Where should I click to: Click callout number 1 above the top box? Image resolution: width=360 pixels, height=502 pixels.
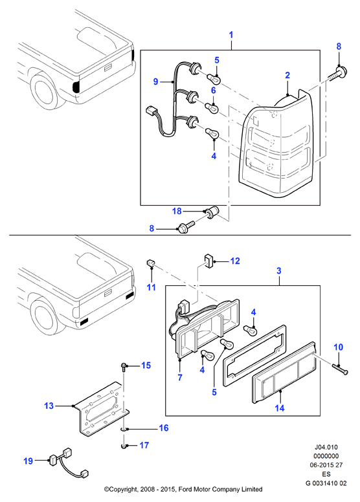[231, 34]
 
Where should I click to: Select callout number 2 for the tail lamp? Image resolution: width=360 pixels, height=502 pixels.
[287, 75]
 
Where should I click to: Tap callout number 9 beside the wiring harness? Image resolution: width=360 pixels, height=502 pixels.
[156, 82]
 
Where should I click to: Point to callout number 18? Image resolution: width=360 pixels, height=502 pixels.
[177, 211]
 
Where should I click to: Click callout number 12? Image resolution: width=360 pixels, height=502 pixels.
[235, 261]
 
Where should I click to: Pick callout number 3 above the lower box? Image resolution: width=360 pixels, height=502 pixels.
[279, 271]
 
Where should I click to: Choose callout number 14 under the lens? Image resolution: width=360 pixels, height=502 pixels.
[280, 408]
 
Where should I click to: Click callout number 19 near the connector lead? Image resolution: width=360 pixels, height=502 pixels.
[28, 461]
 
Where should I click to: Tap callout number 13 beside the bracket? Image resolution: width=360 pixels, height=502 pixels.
[49, 406]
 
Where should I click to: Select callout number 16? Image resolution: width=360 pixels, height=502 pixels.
[164, 428]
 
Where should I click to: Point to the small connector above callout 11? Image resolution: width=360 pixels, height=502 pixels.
[150, 263]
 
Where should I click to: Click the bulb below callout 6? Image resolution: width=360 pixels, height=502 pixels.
[212, 107]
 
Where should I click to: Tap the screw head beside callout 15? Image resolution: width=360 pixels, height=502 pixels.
[124, 366]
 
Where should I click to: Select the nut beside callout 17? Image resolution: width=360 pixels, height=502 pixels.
[124, 446]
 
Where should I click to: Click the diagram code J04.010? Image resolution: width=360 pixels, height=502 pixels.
[326, 447]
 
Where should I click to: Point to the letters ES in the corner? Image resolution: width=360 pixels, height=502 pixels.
[326, 474]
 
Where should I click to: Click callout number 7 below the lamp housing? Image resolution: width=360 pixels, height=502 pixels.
[180, 377]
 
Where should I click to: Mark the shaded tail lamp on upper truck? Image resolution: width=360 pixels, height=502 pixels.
[76, 87]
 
